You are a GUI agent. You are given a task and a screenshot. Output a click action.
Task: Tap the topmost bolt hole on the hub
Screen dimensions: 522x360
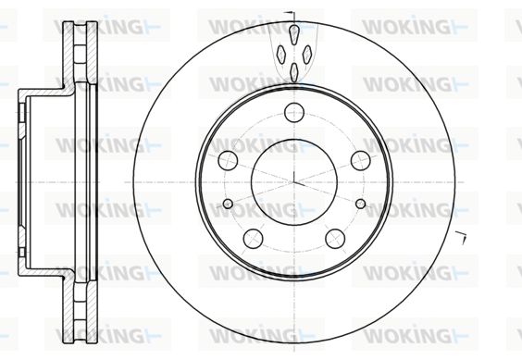[294, 113]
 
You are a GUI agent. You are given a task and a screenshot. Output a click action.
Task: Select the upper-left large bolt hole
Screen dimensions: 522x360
[228, 160]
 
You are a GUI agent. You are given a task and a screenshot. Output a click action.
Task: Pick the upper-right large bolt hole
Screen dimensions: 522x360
[361, 160]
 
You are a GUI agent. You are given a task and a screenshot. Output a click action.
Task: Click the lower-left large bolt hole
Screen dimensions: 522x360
[253, 239]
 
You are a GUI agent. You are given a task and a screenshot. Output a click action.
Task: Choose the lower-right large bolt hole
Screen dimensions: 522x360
[335, 239]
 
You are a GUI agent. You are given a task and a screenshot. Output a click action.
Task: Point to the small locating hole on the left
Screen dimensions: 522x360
[228, 204]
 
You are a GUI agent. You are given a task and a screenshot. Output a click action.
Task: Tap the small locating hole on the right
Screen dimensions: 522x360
[361, 204]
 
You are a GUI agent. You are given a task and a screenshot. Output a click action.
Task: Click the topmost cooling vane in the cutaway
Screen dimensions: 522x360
[294, 34]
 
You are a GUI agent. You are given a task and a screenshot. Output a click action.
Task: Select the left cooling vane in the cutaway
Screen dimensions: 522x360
[281, 55]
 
